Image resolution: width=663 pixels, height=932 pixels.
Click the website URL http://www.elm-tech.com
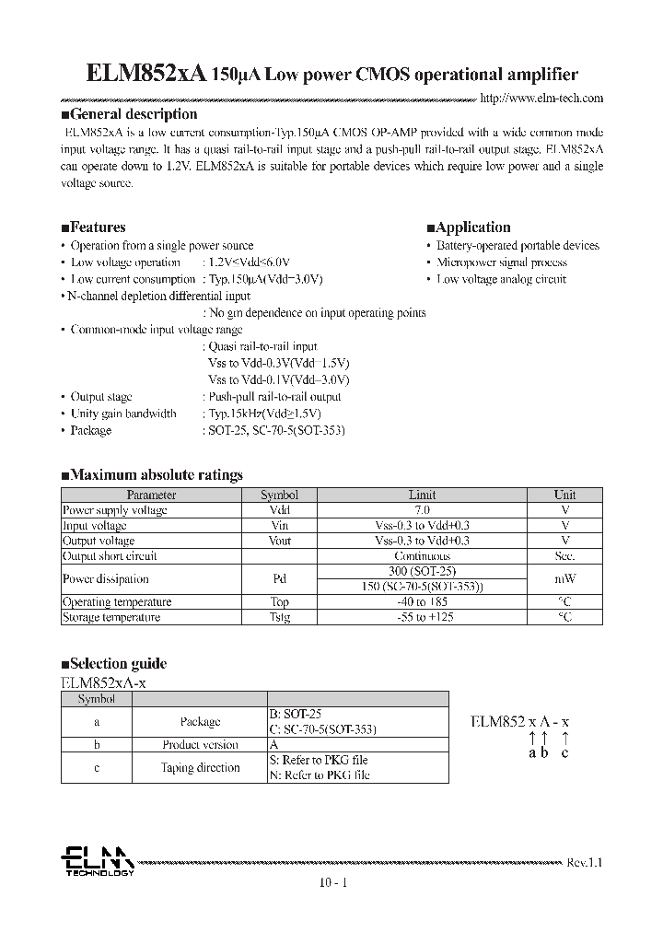point(542,98)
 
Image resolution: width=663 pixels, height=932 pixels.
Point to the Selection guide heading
point(113,664)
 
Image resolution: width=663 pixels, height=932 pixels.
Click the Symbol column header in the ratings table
point(279,495)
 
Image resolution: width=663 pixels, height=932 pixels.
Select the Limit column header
point(422,495)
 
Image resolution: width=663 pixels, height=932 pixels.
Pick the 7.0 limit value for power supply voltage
point(422,510)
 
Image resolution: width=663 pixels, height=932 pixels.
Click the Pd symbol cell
point(279,579)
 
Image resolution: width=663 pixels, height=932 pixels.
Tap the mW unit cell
point(564,579)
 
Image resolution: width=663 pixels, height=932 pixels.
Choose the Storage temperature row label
point(110,617)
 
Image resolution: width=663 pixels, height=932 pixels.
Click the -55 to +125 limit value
point(422,617)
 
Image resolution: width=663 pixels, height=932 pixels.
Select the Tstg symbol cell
point(279,617)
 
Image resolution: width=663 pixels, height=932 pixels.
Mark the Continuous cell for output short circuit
point(422,556)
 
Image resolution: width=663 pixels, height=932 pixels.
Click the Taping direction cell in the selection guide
point(200,768)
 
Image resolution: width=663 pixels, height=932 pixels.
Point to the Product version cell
point(200,745)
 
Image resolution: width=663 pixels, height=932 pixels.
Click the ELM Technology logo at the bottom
point(97,863)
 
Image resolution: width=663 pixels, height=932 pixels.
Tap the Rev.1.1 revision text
point(584,863)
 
